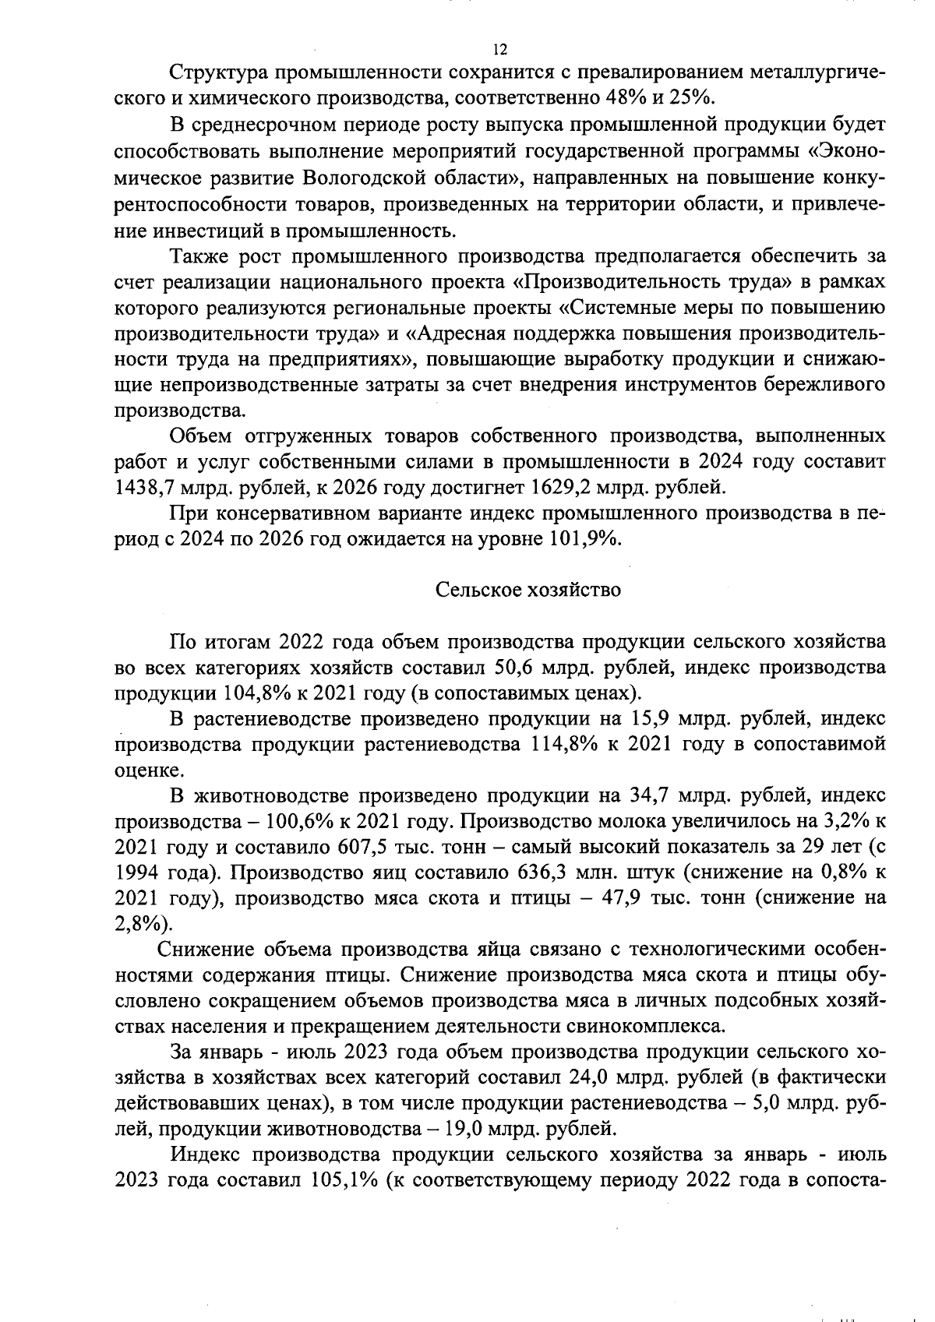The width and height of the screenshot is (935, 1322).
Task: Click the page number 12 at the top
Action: (x=500, y=50)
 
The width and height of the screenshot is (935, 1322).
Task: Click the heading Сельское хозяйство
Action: (x=527, y=590)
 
